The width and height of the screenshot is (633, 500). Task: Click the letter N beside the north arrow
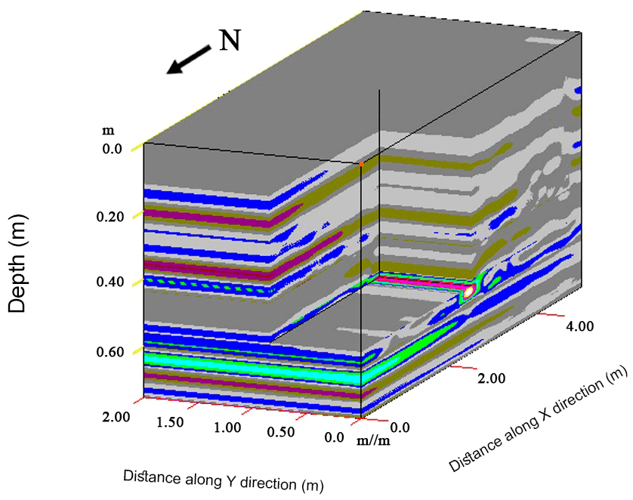230,40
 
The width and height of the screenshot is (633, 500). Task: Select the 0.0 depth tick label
113,150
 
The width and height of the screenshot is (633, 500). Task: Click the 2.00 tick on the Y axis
116,416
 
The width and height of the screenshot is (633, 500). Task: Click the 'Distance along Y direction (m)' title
224,480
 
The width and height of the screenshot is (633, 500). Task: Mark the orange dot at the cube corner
362,163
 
